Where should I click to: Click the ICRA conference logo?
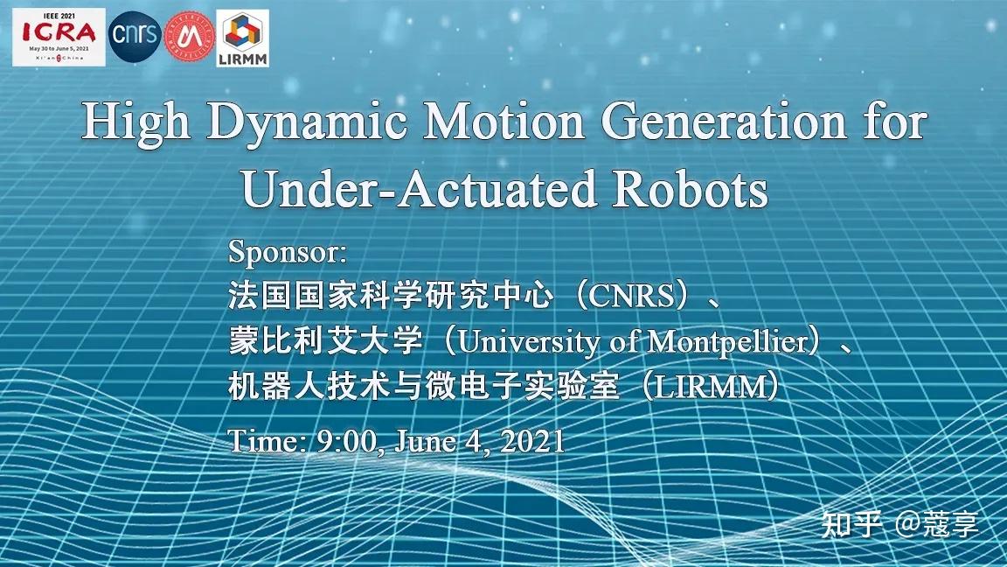click(59, 37)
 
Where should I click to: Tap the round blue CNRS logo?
click(134, 36)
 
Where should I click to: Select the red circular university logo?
click(185, 37)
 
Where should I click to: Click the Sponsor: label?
click(288, 253)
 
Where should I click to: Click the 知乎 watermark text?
click(850, 524)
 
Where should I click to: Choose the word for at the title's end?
click(893, 122)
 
